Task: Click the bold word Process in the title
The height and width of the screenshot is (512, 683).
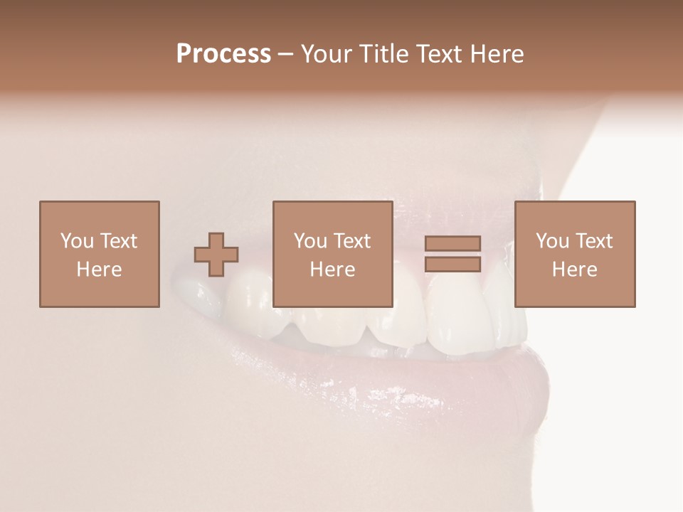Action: [x=223, y=54]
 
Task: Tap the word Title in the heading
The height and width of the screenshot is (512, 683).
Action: [x=385, y=54]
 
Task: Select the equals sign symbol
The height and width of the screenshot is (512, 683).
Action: [x=452, y=254]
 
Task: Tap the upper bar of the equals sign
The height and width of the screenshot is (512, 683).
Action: [x=452, y=244]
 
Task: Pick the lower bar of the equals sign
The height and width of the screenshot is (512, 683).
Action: [x=452, y=264]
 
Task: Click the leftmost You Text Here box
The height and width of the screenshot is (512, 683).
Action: [x=100, y=254]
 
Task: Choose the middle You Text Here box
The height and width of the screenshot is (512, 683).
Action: [x=332, y=254]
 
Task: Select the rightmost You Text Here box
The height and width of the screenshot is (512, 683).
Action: [x=575, y=254]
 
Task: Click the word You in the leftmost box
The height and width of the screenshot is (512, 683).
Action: [x=77, y=241]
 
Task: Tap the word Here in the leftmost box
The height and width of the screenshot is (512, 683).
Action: [x=100, y=270]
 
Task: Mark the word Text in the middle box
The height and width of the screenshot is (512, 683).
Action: [x=352, y=241]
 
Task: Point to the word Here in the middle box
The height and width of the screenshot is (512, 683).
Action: [x=332, y=270]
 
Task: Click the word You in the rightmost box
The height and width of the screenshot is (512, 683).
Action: [x=552, y=241]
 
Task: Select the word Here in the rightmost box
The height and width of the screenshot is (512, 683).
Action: [x=575, y=270]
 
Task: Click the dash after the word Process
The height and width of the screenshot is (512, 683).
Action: [x=286, y=55]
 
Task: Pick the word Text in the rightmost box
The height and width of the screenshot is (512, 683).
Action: [x=594, y=241]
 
